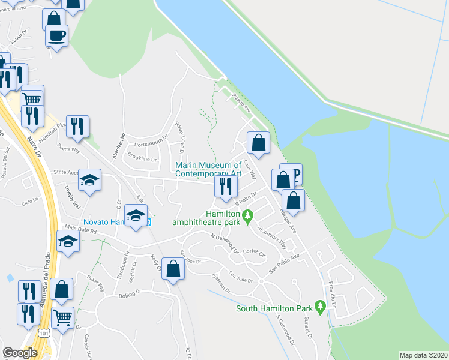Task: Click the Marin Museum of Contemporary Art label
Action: point(208,169)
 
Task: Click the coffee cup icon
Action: point(56,35)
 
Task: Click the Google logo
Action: point(20,353)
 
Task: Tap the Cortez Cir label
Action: point(254,254)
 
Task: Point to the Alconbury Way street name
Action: point(272,237)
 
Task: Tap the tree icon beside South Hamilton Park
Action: point(321,307)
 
